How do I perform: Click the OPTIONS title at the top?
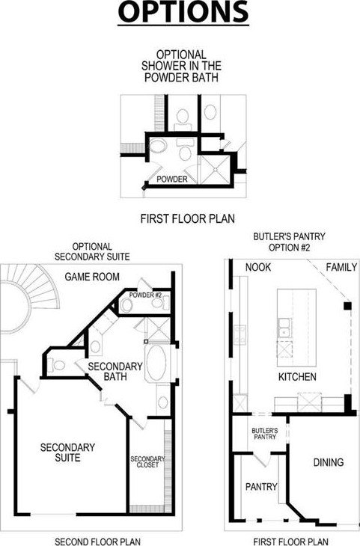point(183,11)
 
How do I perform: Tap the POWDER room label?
point(172,179)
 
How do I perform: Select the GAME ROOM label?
point(92,277)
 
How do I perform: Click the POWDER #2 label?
point(145,295)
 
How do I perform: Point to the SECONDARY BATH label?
point(115,371)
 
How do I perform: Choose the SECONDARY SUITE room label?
point(67,453)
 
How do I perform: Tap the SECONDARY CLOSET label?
point(147,461)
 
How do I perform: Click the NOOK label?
point(258,267)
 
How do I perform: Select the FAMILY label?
point(341,267)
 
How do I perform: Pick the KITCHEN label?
point(297,376)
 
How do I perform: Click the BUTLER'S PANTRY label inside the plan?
point(265,434)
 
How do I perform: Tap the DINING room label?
point(329,462)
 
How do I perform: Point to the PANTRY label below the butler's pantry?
point(261,486)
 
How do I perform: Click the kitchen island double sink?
point(284,328)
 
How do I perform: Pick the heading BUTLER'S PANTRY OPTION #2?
point(289,242)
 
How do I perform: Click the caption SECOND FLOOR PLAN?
point(98,541)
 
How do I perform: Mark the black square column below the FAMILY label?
point(347,306)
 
